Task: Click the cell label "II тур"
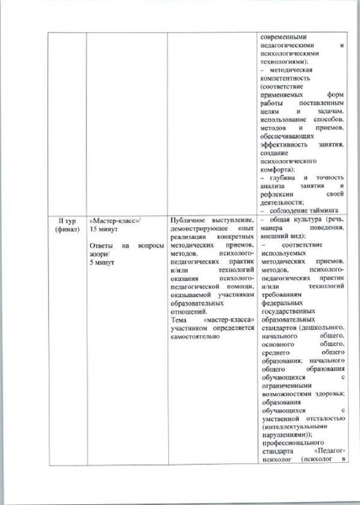tap(64, 220)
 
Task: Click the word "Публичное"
tap(189, 220)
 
